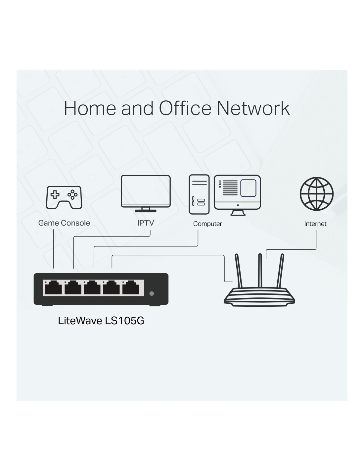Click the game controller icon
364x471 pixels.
click(x=64, y=197)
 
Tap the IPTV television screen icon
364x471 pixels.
click(x=146, y=191)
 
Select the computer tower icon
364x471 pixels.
click(x=199, y=194)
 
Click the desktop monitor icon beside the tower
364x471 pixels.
click(x=237, y=192)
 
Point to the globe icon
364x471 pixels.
click(x=316, y=194)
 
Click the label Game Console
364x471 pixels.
click(x=64, y=223)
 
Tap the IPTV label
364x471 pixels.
click(x=146, y=223)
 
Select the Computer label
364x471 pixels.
click(x=207, y=224)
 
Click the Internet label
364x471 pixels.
click(x=315, y=224)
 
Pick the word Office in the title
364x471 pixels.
click(x=185, y=108)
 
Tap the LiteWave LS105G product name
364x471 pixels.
click(x=101, y=321)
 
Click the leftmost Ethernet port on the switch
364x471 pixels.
click(x=53, y=288)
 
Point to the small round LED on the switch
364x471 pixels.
click(x=152, y=293)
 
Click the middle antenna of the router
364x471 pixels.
click(x=260, y=270)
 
